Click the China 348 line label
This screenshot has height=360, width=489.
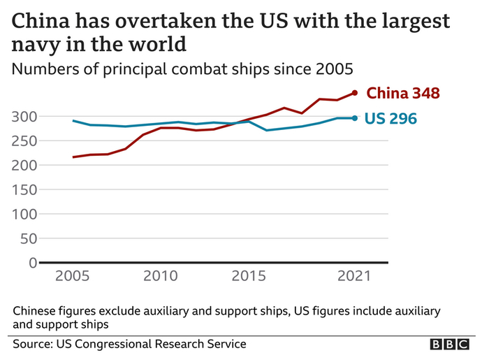[403, 93]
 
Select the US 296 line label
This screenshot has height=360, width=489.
[391, 119]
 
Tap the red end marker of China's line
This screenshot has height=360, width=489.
[355, 93]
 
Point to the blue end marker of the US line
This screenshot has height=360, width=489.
[355, 118]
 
